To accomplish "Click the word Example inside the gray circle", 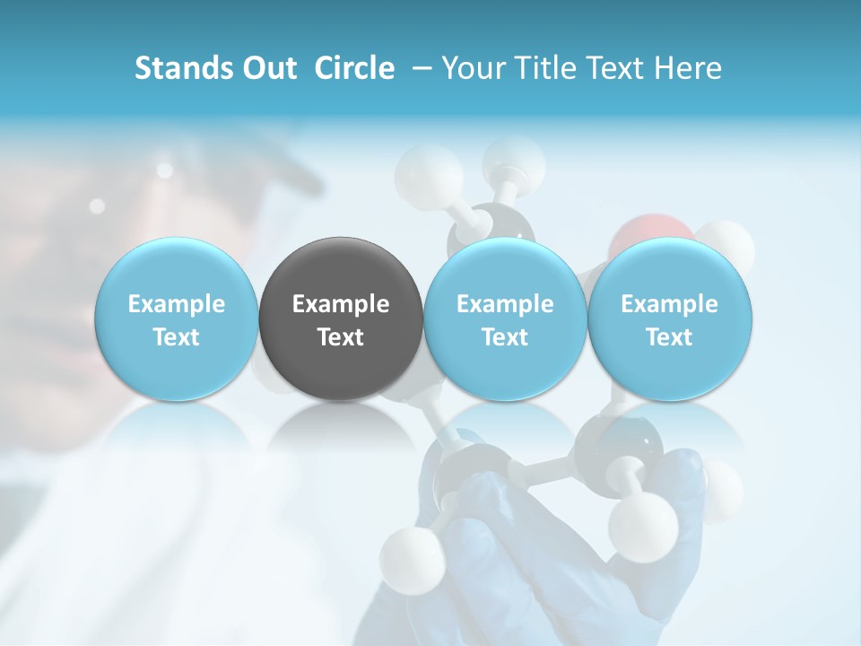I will tap(341, 304).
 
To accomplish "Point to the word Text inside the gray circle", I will tap(341, 337).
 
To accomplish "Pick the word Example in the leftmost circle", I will tap(177, 304).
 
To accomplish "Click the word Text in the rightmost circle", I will tap(669, 337).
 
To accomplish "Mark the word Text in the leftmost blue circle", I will tap(177, 337).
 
